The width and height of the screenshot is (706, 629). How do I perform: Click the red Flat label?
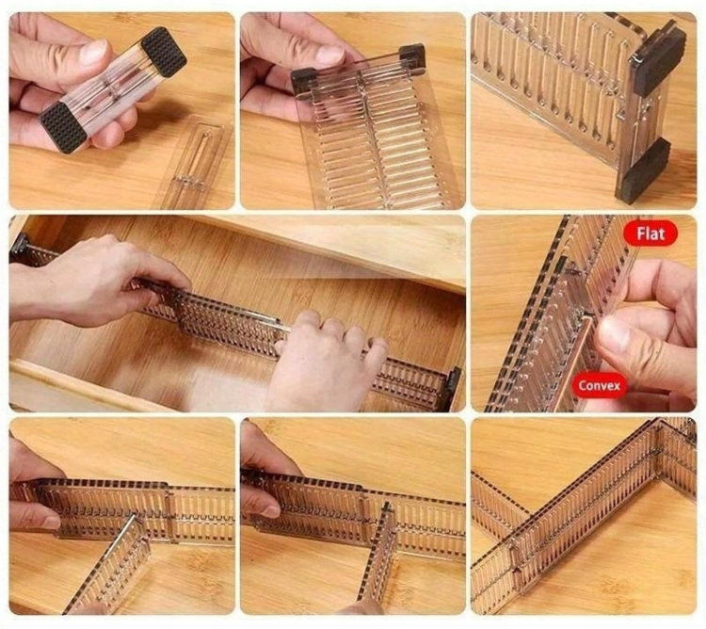(x=650, y=234)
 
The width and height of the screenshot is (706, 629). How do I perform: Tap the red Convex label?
(x=600, y=386)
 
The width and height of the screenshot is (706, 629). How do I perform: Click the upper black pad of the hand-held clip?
(x=164, y=52)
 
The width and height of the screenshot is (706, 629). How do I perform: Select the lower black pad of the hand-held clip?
(x=63, y=127)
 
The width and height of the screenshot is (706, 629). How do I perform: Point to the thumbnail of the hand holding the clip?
(x=93, y=52)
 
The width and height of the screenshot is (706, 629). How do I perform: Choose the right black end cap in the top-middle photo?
(x=412, y=56)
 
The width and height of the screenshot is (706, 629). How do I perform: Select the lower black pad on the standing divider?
(x=644, y=169)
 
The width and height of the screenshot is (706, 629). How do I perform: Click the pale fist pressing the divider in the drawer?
(x=325, y=361)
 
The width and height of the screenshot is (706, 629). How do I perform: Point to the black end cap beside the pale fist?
(x=454, y=388)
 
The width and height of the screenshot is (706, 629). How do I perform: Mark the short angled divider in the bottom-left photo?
(x=107, y=564)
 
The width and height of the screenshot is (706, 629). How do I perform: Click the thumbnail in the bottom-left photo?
(x=49, y=523)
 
